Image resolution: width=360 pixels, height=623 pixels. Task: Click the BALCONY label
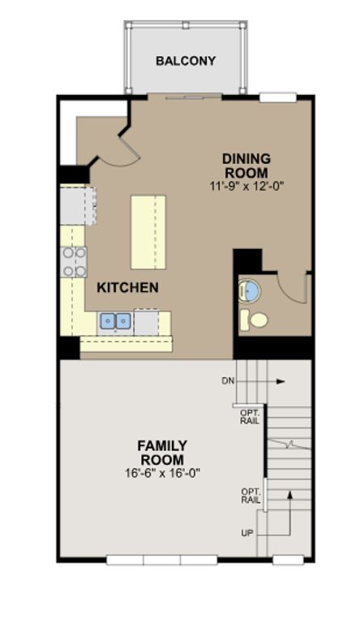click(186, 61)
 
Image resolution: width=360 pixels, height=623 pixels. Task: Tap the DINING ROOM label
click(246, 165)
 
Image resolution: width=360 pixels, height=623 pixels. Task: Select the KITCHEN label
click(127, 287)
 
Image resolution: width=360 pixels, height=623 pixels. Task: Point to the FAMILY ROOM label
click(162, 453)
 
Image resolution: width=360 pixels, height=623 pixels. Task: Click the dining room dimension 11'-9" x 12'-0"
click(246, 186)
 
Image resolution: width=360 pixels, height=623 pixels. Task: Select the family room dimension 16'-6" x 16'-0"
click(162, 473)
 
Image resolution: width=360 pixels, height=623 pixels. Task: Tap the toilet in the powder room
click(254, 319)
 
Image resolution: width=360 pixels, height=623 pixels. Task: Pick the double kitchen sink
click(116, 321)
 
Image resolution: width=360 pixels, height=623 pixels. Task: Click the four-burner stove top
click(74, 262)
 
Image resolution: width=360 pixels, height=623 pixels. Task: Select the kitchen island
click(148, 232)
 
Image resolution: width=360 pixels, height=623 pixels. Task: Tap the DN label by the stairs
click(228, 381)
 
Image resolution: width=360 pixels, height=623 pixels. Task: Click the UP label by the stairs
click(246, 533)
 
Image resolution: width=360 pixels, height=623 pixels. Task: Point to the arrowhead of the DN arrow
click(281, 381)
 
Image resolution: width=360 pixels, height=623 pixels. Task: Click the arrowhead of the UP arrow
click(290, 495)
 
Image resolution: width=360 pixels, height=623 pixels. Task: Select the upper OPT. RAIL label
click(250, 417)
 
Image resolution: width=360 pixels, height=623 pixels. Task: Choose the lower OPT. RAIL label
click(251, 496)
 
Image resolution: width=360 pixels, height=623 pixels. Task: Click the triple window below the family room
click(161, 561)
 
